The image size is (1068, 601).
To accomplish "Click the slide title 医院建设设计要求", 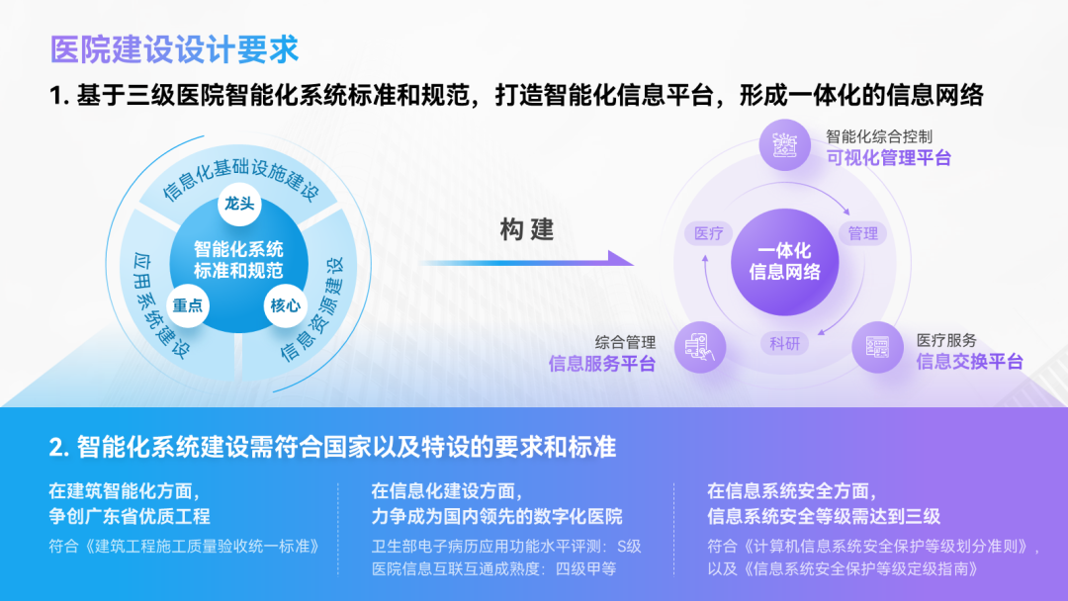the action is (x=174, y=49).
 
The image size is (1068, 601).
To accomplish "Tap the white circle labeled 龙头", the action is (x=239, y=204).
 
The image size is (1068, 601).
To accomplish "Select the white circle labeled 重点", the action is (x=187, y=305).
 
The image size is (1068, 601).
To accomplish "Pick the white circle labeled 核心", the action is (x=286, y=305).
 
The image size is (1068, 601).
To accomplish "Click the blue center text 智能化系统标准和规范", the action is (x=238, y=260).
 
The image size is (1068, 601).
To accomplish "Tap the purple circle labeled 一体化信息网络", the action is (x=784, y=262).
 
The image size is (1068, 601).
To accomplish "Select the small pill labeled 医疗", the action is (x=708, y=233).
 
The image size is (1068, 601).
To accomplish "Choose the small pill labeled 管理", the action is (x=863, y=233).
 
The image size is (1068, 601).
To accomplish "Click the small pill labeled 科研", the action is (x=784, y=343).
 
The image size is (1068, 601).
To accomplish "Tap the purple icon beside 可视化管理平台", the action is (x=784, y=144).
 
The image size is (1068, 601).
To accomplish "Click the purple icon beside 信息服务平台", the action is (x=700, y=347).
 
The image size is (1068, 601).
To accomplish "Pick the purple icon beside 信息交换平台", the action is (x=877, y=347).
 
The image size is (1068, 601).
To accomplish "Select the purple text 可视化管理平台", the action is (x=889, y=158).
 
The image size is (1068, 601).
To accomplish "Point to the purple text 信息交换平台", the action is (x=970, y=362).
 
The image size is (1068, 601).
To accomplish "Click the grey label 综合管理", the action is (x=625, y=342).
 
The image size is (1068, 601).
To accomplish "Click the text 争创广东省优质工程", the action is (x=130, y=517).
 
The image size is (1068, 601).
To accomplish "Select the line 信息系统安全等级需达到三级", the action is (x=824, y=517).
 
